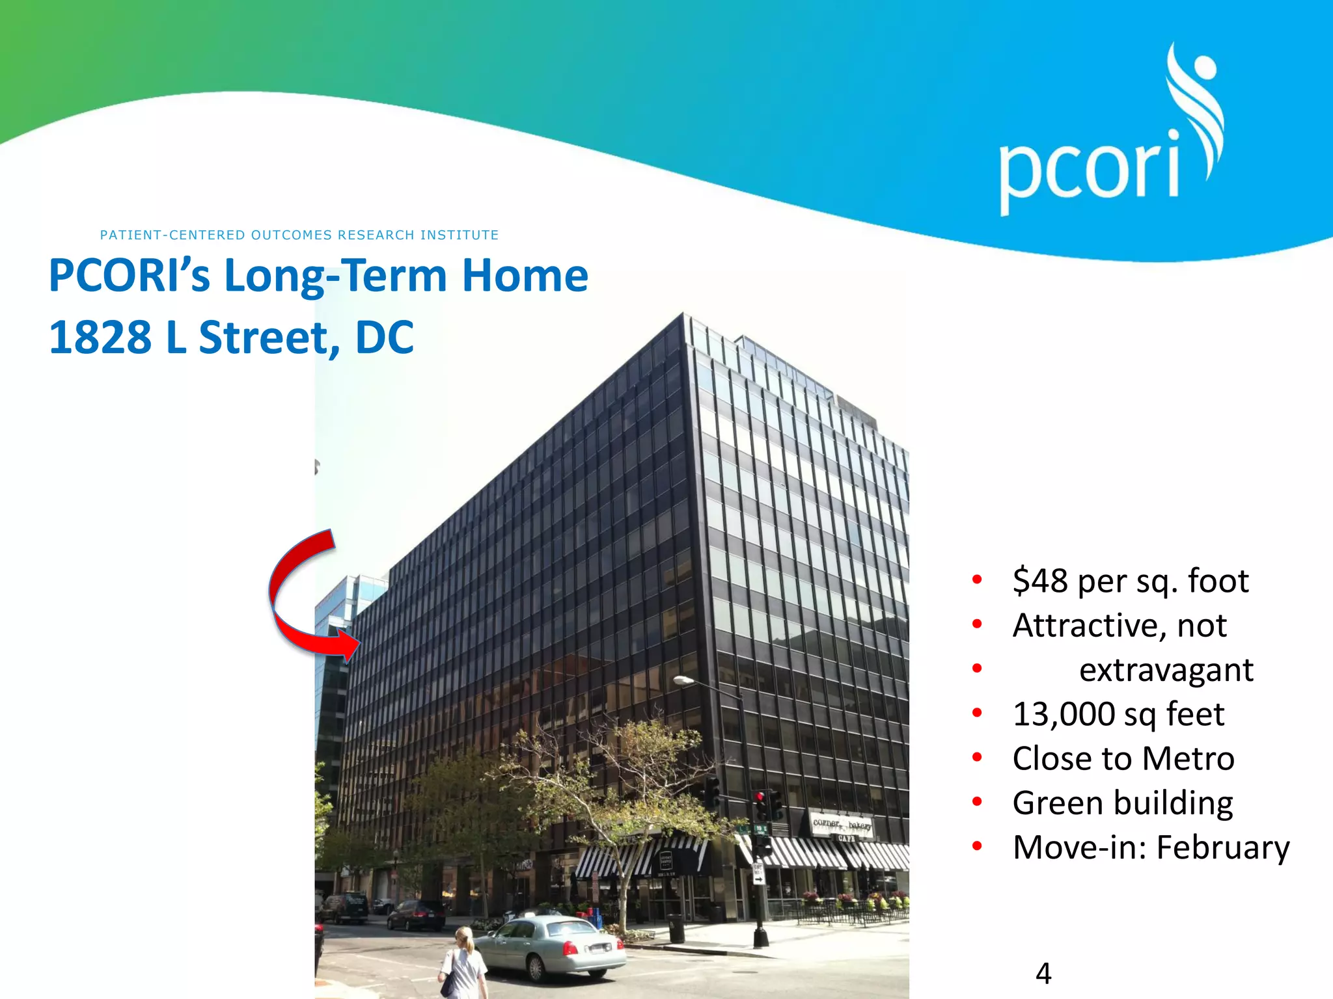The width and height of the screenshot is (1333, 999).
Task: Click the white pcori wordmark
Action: click(1089, 168)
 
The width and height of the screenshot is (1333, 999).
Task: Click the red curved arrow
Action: click(293, 598)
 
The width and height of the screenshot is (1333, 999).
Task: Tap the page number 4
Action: click(1043, 974)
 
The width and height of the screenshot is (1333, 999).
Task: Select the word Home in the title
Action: click(525, 276)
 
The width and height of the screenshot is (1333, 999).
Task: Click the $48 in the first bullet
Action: click(1039, 581)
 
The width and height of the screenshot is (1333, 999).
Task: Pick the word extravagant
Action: click(1166, 670)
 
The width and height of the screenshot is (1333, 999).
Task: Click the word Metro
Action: click(1188, 759)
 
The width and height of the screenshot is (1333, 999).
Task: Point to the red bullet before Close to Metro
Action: click(977, 758)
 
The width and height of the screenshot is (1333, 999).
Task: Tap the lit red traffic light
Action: click(760, 797)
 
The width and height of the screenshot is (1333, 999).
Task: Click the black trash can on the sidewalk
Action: click(676, 929)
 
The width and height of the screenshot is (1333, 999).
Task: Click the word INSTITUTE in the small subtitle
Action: click(460, 235)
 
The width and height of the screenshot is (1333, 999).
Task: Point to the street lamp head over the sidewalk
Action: click(683, 680)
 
